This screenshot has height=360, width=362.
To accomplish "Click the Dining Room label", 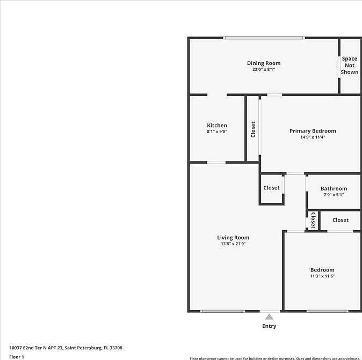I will [x=263, y=63].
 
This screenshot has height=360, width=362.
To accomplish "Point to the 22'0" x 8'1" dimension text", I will [x=263, y=70].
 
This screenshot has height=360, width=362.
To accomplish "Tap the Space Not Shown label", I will [x=349, y=65].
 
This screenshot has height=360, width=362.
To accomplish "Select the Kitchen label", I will [x=217, y=126].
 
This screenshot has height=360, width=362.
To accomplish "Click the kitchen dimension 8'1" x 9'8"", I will [x=217, y=132].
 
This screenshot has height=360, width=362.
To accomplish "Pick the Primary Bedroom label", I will [x=313, y=131].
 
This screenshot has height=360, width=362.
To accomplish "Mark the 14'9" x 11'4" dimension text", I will [x=313, y=137].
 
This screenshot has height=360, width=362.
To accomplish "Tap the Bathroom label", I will [x=334, y=188].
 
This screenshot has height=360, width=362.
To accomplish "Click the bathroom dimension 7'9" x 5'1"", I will [x=334, y=195].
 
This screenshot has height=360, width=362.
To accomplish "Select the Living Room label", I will [x=233, y=238].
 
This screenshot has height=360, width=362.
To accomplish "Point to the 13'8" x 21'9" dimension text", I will [x=233, y=244].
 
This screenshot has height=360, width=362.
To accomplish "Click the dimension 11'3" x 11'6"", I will [x=322, y=276].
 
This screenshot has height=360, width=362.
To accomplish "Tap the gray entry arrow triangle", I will [x=269, y=317].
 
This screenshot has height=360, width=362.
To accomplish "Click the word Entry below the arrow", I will [x=269, y=326].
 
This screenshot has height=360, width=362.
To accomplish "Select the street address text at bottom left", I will [x=66, y=348].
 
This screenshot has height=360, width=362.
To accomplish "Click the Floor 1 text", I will [x=17, y=356].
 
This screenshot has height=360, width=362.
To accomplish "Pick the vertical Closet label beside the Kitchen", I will [x=253, y=129].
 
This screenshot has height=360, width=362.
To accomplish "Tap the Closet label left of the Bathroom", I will [x=271, y=188].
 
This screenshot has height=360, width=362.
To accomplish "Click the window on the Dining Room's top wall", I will [x=264, y=38].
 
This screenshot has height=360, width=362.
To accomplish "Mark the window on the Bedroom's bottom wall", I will [x=327, y=311].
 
